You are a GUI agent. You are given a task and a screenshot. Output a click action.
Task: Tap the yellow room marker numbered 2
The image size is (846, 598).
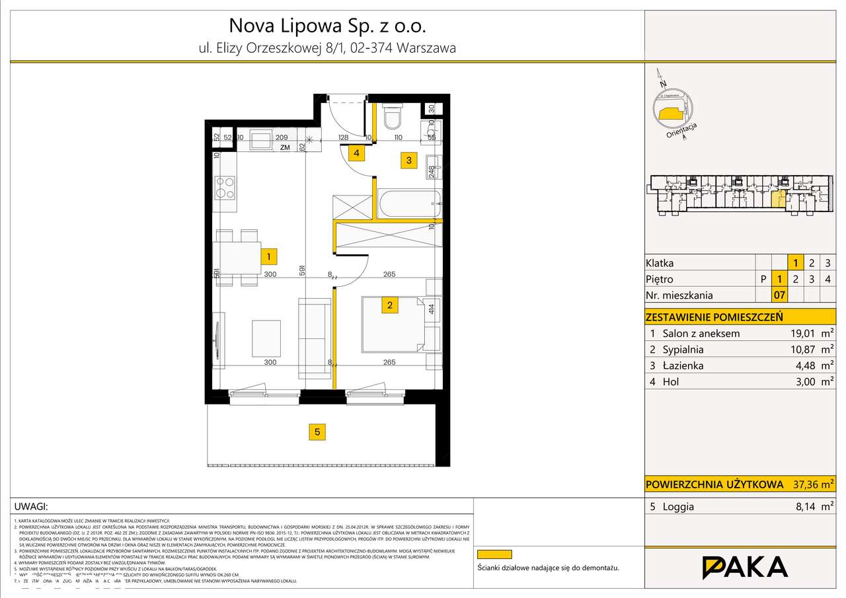[390, 305]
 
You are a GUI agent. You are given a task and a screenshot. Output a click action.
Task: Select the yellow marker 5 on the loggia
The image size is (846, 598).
[317, 432]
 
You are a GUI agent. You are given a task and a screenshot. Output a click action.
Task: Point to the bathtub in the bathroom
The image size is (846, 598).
[408, 203]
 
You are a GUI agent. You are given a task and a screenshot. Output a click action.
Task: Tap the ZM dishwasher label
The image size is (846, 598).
[285, 148]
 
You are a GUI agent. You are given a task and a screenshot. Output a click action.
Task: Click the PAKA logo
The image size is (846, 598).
[744, 567]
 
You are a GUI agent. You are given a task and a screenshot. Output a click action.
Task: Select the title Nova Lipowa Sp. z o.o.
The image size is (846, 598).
[327, 26]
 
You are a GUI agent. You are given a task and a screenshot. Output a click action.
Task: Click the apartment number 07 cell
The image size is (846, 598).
[779, 295]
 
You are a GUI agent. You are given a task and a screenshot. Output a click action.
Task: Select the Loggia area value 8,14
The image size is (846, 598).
[796, 507]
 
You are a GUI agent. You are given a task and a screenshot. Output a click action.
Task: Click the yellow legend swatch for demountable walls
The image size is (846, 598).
[495, 555]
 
